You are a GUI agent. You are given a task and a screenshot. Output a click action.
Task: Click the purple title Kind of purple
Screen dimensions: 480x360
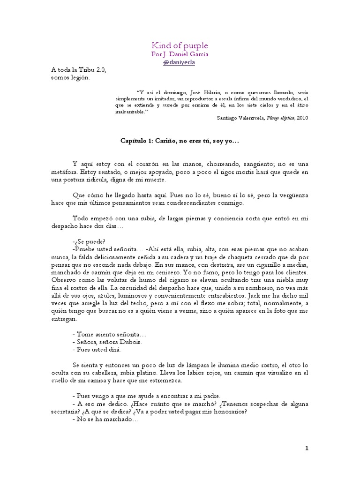coord(180,45)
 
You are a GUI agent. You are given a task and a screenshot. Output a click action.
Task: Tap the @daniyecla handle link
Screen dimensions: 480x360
coord(180,62)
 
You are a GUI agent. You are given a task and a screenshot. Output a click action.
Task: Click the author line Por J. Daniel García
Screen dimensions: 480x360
coord(180,54)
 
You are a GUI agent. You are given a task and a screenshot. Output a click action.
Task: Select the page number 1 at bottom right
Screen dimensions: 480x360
coord(307,448)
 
